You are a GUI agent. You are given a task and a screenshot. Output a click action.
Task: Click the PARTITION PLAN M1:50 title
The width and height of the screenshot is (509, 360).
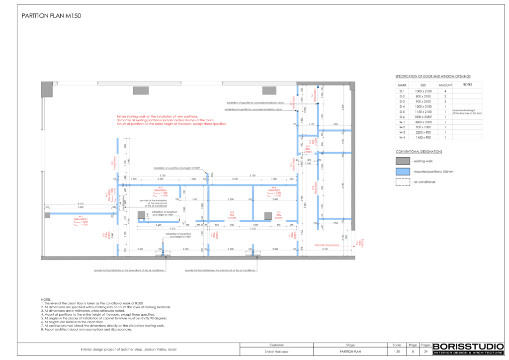click(x=51, y=16)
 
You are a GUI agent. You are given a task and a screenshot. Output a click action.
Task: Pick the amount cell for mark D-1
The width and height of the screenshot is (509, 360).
click(x=445, y=91)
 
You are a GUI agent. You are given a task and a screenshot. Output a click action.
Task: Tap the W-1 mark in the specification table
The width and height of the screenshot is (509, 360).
click(x=402, y=122)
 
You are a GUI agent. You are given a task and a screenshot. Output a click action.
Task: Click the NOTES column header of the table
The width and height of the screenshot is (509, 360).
click(x=467, y=85)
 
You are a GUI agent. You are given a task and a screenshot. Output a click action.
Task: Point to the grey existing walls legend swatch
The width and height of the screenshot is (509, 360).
click(x=402, y=161)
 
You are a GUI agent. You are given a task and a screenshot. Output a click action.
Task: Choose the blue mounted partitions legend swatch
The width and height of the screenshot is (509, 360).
click(x=402, y=172)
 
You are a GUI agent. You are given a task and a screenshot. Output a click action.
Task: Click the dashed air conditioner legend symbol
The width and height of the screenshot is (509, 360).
click(x=402, y=182)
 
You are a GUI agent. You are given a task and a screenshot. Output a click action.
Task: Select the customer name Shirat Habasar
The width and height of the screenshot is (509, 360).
click(x=276, y=351)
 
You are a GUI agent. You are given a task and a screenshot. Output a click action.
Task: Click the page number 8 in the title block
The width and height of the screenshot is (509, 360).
click(x=412, y=351)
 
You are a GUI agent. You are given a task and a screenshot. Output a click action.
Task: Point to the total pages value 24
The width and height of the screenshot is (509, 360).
click(x=425, y=351)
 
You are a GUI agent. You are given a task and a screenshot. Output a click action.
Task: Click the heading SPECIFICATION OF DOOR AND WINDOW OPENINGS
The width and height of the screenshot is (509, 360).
click(x=432, y=76)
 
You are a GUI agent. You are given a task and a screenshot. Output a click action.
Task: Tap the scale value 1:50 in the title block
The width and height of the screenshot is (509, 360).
click(x=396, y=351)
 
